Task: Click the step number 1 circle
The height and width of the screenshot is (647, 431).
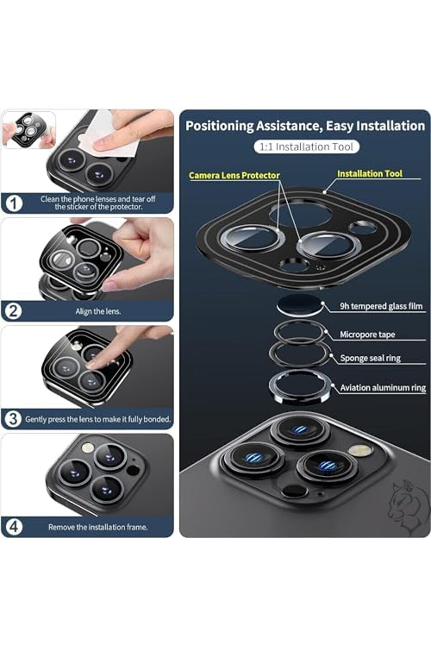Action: [x=14, y=203]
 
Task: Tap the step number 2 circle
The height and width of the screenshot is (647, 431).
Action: [x=13, y=311]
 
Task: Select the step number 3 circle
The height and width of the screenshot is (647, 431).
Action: [x=13, y=419]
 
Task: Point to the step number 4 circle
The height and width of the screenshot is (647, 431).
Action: [x=14, y=527]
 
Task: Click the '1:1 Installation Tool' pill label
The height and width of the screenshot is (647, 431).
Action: [x=307, y=147]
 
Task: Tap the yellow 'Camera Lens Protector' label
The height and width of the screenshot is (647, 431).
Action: [x=234, y=175]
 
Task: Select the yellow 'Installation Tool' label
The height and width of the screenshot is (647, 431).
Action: [x=370, y=174]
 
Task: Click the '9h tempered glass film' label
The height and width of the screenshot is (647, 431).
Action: [x=381, y=306]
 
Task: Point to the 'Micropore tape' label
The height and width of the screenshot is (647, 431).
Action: [x=367, y=334]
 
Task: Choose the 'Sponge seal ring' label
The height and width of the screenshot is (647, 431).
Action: [x=370, y=358]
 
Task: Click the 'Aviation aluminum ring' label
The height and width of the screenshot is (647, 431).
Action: [x=383, y=388]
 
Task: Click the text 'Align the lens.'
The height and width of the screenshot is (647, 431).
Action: [x=98, y=311]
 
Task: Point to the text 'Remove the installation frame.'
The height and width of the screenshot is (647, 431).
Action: [x=98, y=527]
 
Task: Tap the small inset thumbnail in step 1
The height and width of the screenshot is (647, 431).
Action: [x=29, y=130]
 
